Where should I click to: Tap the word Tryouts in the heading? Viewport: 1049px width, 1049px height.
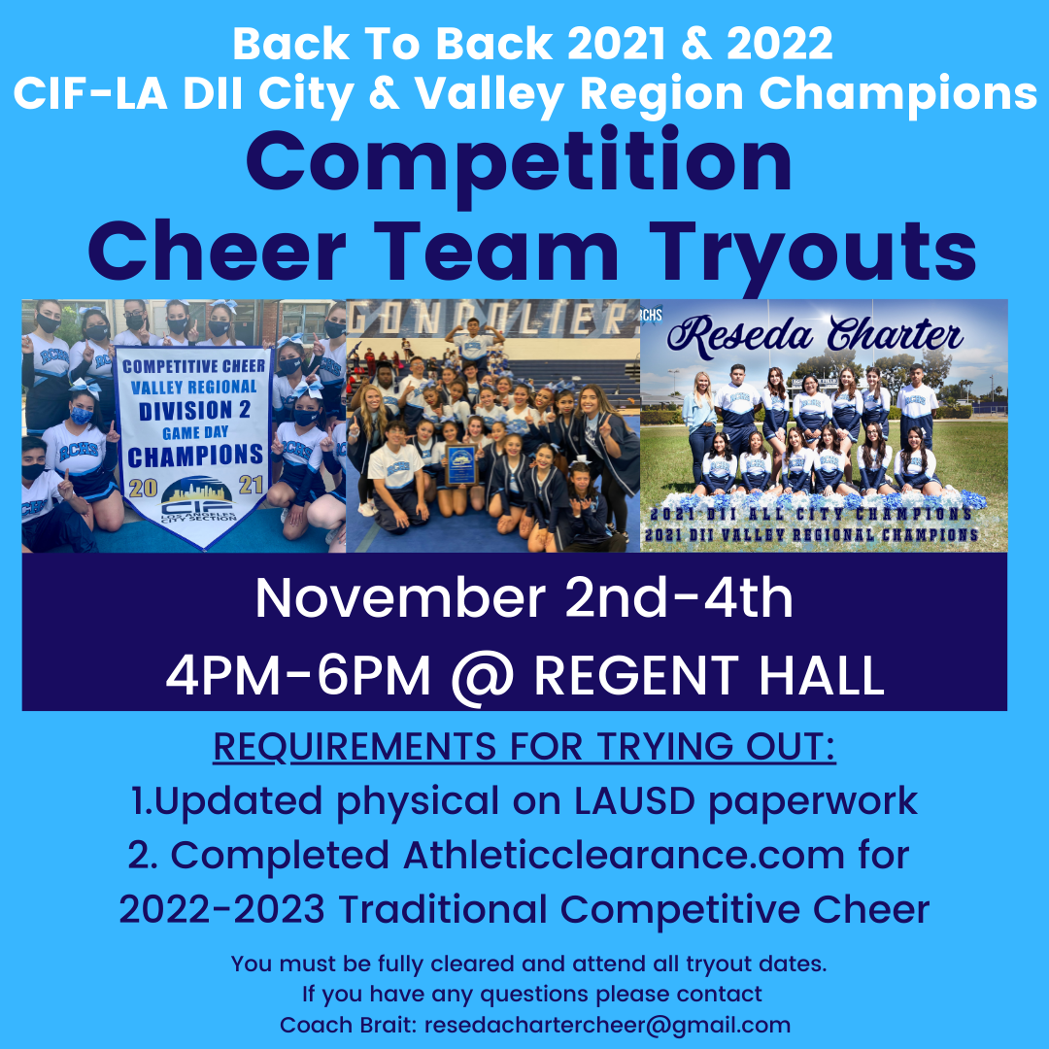[807, 250]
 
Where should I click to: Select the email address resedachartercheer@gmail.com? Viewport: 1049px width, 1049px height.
[607, 1025]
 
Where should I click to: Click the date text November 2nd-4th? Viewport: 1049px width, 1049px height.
[524, 599]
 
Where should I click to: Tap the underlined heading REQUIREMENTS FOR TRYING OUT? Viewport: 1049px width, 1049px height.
[524, 748]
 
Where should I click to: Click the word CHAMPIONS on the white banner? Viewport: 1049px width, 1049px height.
[195, 455]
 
